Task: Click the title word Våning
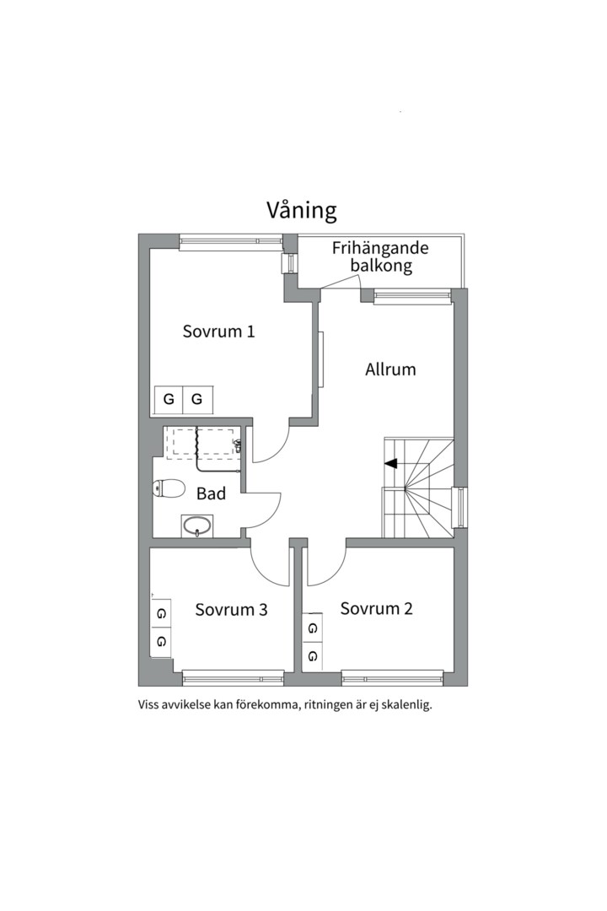[x=302, y=210]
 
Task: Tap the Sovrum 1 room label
[x=218, y=332]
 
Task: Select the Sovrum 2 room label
[x=376, y=608]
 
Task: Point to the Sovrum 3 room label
[x=231, y=609]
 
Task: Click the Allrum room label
[x=390, y=369]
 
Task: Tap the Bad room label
[x=211, y=493]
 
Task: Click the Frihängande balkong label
[x=381, y=257]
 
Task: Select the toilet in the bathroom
[x=169, y=488]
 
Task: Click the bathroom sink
[x=197, y=526]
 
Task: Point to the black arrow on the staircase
[x=390, y=463]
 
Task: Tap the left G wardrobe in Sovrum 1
[x=169, y=400]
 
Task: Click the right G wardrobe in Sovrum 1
[x=197, y=400]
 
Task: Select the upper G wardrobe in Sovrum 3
[x=161, y=613]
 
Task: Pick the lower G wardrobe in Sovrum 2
[x=313, y=655]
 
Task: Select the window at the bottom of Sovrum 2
[x=392, y=677]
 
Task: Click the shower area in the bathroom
[x=202, y=442]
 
